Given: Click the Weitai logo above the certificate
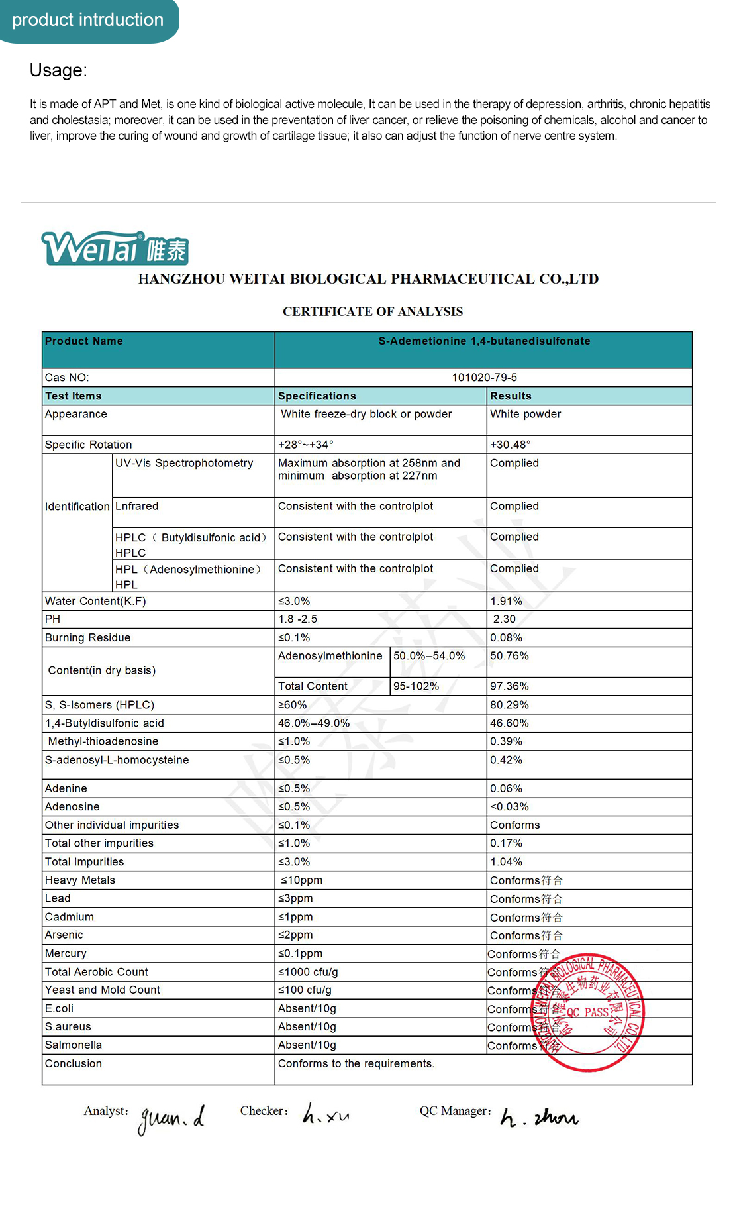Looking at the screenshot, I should tap(115, 248).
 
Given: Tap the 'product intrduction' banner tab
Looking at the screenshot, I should tap(87, 20).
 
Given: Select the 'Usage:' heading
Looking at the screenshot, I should tap(58, 70).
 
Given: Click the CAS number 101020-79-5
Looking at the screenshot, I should tap(484, 378).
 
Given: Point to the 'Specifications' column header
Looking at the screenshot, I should tap(317, 396).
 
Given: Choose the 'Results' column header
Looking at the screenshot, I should tap(511, 396).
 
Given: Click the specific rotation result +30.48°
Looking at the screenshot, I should tap(510, 445).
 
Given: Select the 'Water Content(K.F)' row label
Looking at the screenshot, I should tap(95, 602).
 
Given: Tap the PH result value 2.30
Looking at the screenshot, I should tap(504, 619).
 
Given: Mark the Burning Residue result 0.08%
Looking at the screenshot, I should tap(506, 638).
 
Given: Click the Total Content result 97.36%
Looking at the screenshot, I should tap(509, 686).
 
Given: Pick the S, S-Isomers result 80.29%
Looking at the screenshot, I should tap(509, 705).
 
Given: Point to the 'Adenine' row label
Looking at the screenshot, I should tap(66, 789).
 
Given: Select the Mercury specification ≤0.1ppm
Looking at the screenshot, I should tap(300, 954).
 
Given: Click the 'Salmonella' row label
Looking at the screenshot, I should tap(73, 1045).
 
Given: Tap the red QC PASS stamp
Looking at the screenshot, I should tap(589, 1012).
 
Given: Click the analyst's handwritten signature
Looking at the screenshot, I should tap(171, 1119).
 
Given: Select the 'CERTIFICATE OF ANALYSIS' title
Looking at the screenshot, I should tap(373, 312).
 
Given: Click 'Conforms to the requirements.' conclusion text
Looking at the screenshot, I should tap(356, 1064).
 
